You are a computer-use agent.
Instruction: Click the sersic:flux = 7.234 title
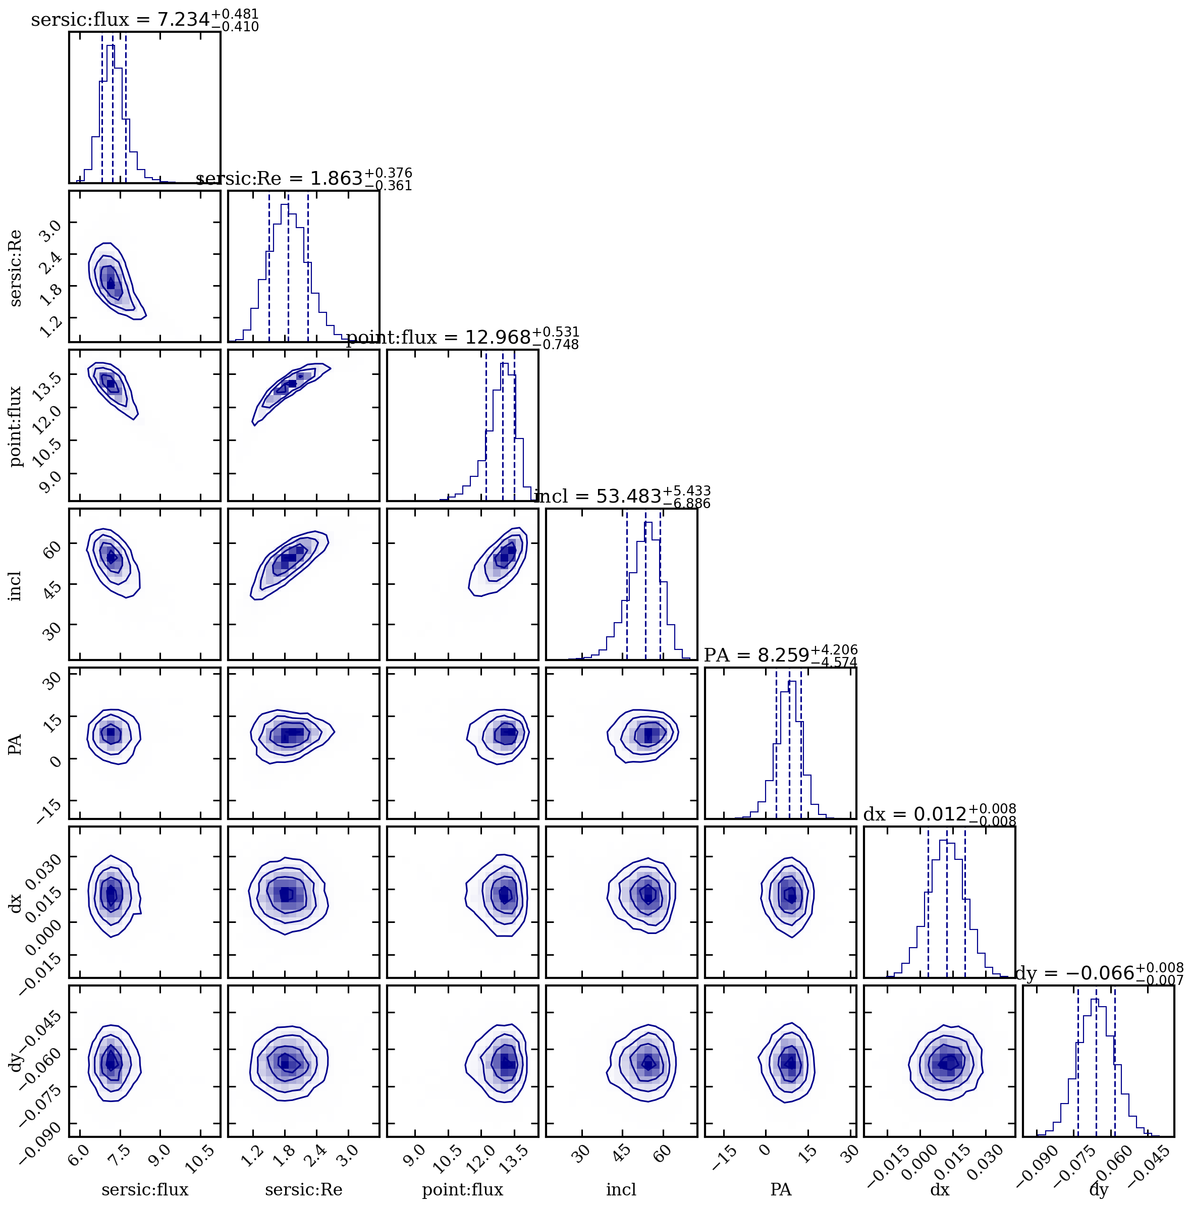pyautogui.click(x=144, y=20)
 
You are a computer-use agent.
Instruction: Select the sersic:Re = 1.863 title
pyautogui.click(x=304, y=179)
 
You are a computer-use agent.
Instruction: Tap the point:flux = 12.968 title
pyautogui.click(x=463, y=338)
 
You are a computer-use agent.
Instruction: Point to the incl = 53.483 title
pyautogui.click(x=622, y=497)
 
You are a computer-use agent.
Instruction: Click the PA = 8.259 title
pyautogui.click(x=780, y=655)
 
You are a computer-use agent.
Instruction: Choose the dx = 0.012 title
pyautogui.click(x=940, y=814)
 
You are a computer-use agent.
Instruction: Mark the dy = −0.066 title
pyautogui.click(x=1099, y=973)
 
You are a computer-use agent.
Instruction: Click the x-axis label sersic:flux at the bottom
pyautogui.click(x=144, y=1190)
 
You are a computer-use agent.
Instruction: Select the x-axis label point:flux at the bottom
pyautogui.click(x=463, y=1190)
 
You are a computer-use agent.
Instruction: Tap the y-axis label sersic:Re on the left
pyautogui.click(x=15, y=268)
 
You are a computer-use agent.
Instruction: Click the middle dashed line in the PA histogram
pyautogui.click(x=789, y=743)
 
